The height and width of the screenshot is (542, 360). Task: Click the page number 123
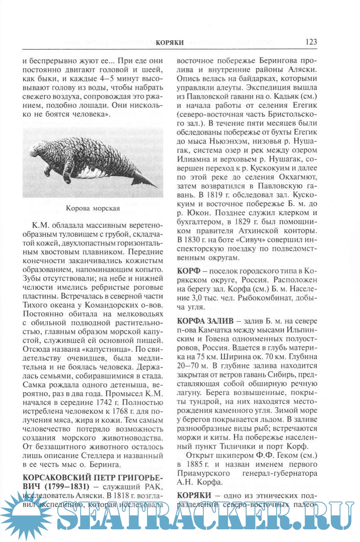click(311, 42)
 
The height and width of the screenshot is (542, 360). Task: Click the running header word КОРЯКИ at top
click(169, 42)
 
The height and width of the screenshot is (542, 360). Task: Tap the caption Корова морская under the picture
click(93, 208)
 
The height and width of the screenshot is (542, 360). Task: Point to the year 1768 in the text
click(117, 411)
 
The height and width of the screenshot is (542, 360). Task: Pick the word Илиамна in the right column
click(193, 159)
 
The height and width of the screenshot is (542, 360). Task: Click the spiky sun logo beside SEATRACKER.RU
click(26, 517)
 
